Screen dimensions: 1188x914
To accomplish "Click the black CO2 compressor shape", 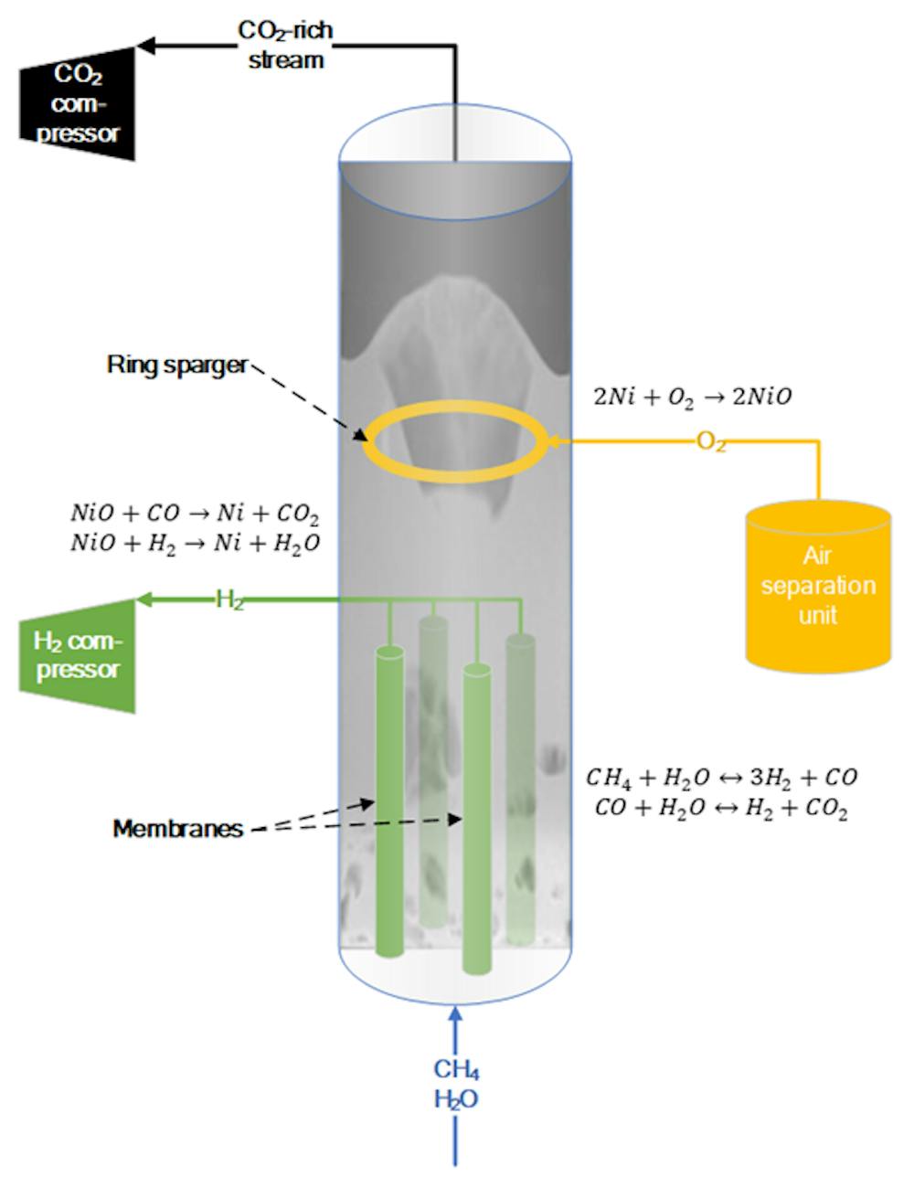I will [x=79, y=102].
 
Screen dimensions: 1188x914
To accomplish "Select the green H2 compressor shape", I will [x=79, y=654].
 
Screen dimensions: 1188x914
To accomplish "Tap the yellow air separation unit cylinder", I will [x=818, y=585].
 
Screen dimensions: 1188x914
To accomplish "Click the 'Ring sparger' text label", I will [x=176, y=365].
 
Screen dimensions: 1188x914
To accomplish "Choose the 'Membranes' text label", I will [x=178, y=829].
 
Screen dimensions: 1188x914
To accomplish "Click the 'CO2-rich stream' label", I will [x=285, y=45].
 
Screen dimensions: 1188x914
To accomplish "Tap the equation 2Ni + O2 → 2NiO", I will [x=693, y=397].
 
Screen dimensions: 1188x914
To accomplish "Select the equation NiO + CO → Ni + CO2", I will [x=195, y=513].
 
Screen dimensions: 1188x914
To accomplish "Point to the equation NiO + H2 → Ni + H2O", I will [x=195, y=543].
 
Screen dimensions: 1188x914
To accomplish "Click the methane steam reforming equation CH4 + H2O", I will [x=722, y=778].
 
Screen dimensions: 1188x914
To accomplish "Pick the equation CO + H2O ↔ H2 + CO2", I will [x=722, y=809].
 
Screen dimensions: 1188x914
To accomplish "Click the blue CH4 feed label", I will [x=456, y=1069].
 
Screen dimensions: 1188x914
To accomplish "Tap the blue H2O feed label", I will [x=456, y=1098].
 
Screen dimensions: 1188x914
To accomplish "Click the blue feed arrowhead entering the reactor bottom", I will [x=456, y=1013].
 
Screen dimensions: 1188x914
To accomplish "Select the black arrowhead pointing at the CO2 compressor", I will [x=145, y=43].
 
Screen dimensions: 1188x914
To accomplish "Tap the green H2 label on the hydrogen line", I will [x=229, y=599].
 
